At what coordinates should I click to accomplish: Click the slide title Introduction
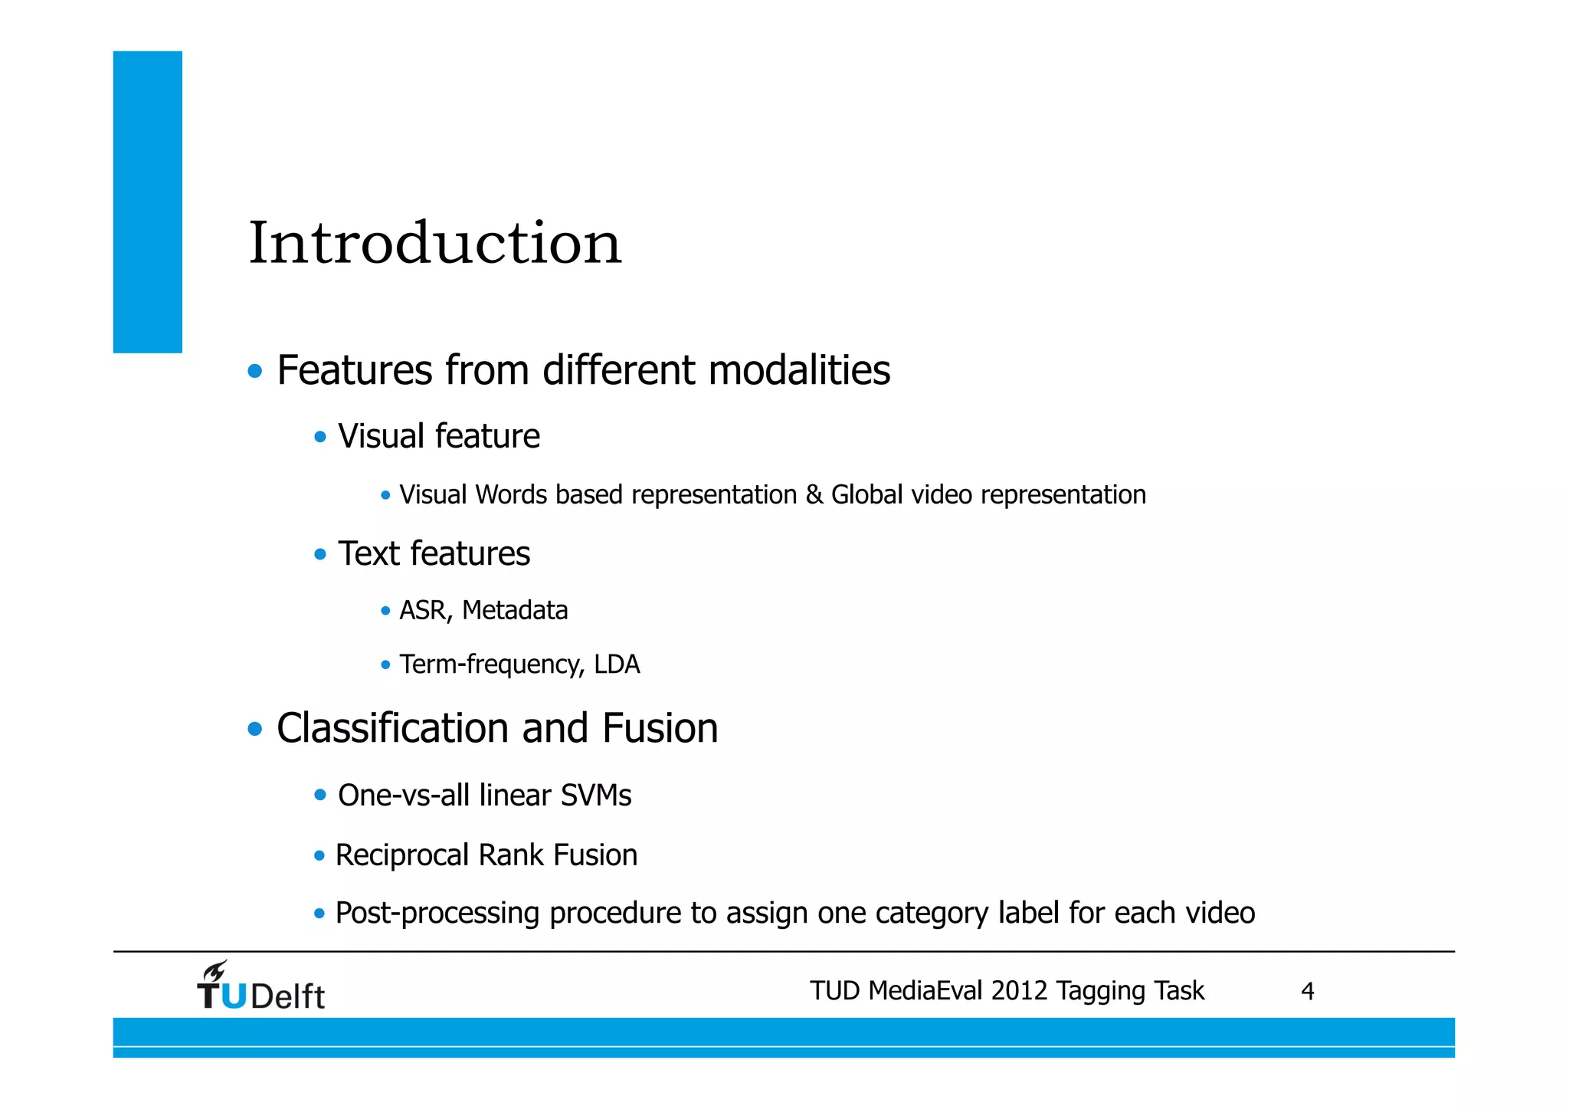click(434, 243)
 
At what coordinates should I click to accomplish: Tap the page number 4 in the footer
click(1307, 992)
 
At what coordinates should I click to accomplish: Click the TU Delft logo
click(260, 986)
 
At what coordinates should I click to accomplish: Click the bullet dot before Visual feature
click(320, 437)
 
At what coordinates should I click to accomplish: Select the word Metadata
click(515, 611)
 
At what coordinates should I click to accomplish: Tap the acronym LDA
click(617, 664)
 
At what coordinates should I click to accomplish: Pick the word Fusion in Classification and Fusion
click(660, 728)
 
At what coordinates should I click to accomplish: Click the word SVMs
click(596, 796)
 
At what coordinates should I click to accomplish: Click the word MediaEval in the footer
click(926, 991)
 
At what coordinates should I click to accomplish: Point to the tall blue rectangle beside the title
click(148, 202)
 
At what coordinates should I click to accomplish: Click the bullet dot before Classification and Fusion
click(255, 729)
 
